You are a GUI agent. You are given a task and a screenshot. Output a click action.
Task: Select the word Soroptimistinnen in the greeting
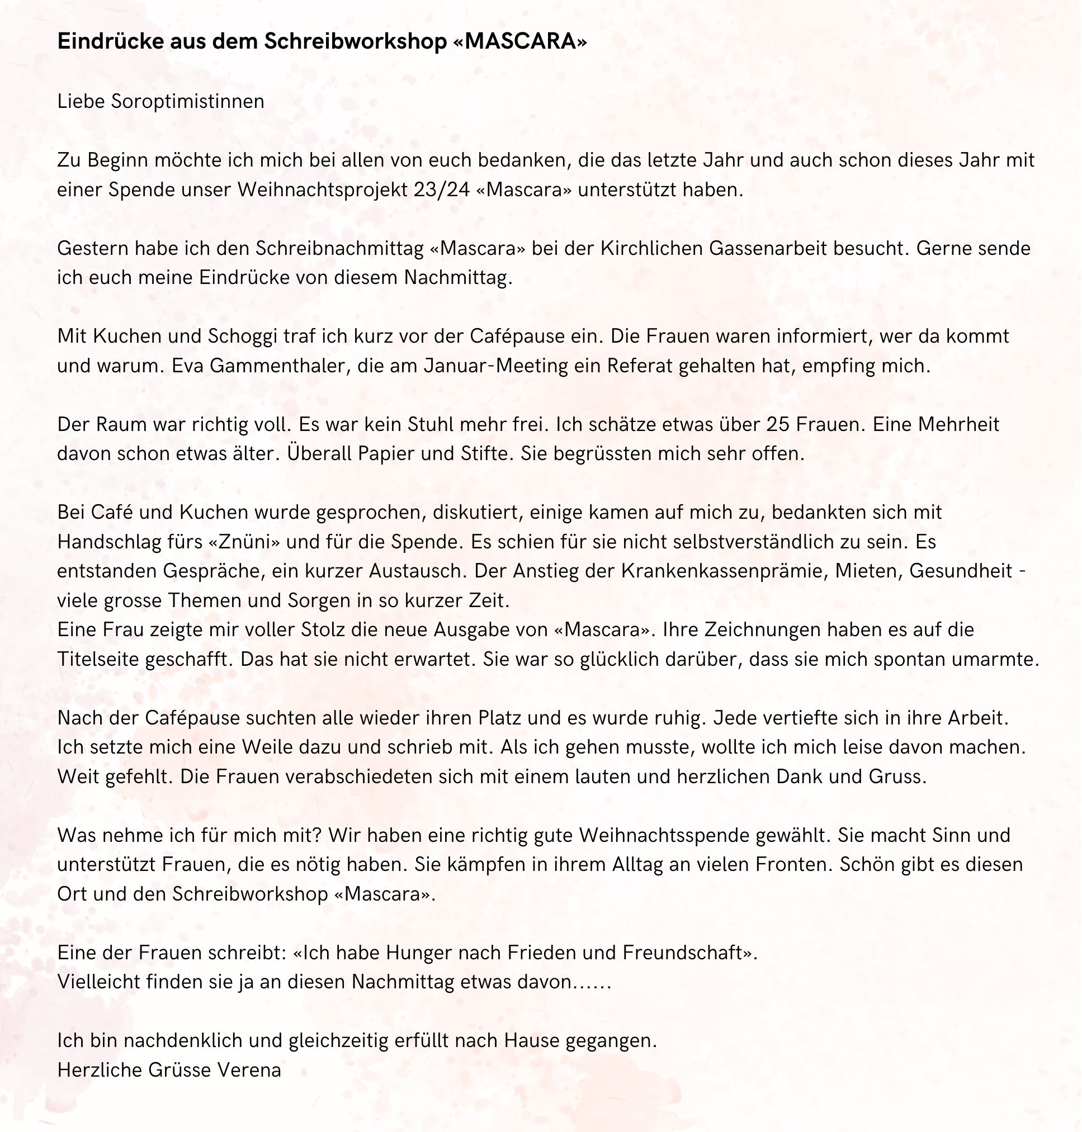188,102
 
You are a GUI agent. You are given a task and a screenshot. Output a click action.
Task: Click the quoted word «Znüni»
246,542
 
